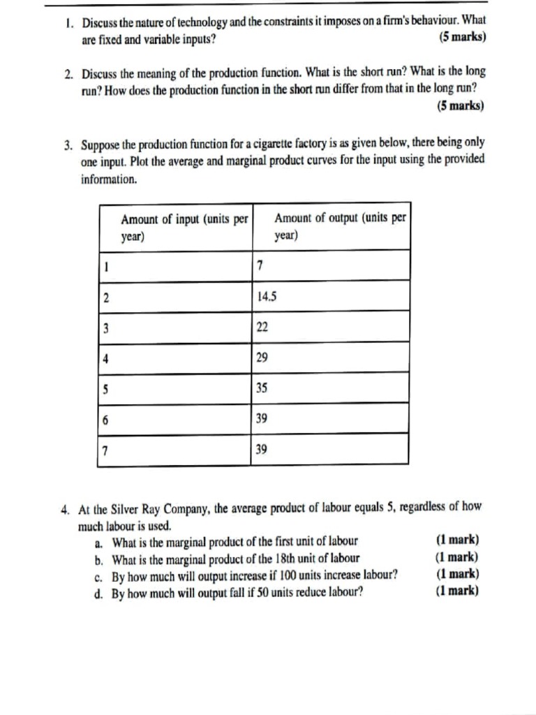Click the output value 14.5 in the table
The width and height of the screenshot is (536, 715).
tap(267, 296)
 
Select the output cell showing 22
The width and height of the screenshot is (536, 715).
tap(262, 327)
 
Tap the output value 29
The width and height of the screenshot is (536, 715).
tap(262, 357)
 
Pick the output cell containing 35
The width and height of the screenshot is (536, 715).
tap(262, 388)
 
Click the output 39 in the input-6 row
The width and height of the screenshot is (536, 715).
tap(262, 419)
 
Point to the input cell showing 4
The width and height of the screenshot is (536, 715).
tap(106, 357)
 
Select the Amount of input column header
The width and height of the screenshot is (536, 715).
tap(184, 227)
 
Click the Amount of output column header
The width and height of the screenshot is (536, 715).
tap(340, 226)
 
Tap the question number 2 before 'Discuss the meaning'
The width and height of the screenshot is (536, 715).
tap(68, 73)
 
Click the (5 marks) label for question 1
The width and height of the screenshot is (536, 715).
tap(463, 38)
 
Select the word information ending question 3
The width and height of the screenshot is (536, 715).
tap(108, 179)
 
